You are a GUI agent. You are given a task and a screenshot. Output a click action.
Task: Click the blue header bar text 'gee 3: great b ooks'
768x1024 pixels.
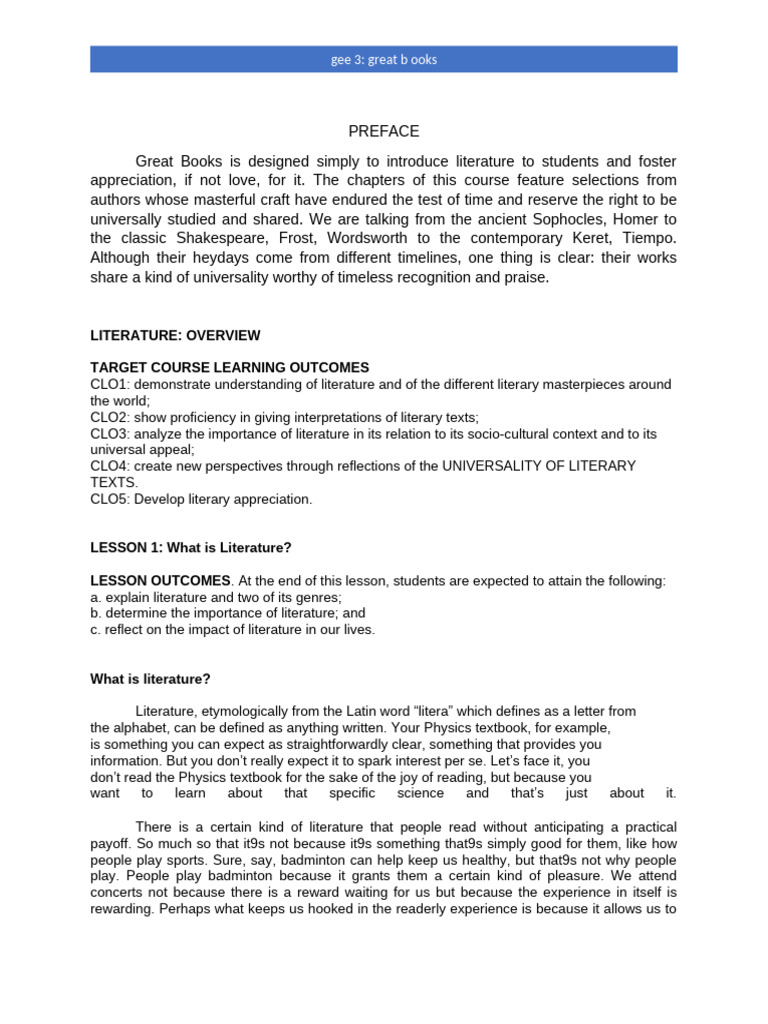(x=384, y=59)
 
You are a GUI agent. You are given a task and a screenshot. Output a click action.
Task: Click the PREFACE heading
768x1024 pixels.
(x=384, y=131)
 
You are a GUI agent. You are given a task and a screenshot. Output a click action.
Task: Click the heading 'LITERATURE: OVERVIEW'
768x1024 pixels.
(x=175, y=334)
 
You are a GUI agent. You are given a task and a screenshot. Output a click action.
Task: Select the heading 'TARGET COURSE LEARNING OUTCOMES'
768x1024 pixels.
(x=229, y=368)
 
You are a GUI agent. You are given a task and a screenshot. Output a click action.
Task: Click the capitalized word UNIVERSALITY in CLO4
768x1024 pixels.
(x=495, y=466)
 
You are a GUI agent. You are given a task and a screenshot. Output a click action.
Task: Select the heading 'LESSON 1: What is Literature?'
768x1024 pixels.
(x=190, y=548)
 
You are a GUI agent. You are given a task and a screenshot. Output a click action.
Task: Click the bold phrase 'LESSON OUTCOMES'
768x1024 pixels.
(x=160, y=581)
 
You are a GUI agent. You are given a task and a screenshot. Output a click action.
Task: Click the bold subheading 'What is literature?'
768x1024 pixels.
(x=150, y=679)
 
